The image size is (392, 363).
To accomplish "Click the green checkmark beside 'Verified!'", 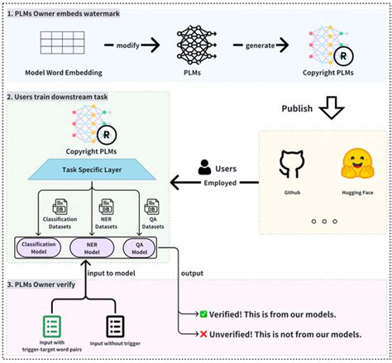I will (203, 314).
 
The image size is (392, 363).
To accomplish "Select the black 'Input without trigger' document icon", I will (115, 325).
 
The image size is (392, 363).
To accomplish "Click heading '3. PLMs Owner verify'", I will (47, 285).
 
